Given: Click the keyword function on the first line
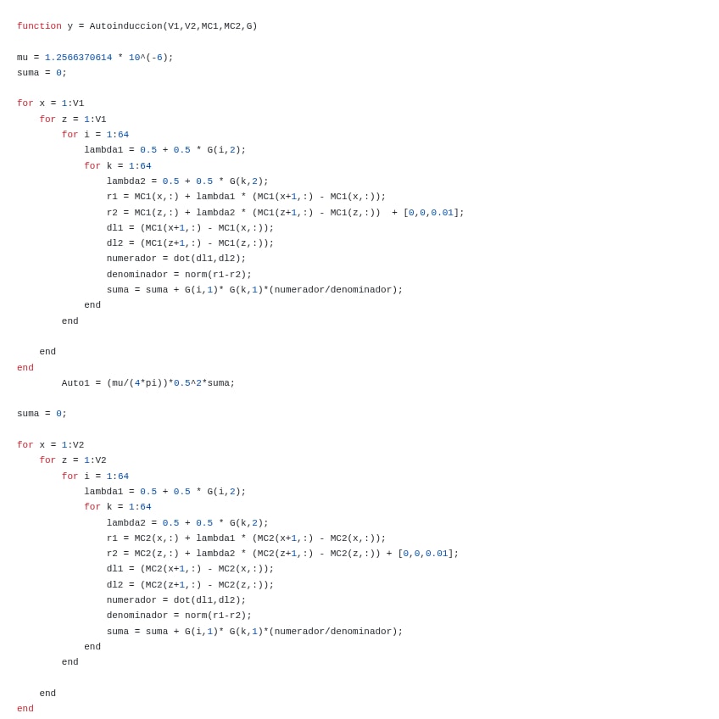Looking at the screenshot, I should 39,26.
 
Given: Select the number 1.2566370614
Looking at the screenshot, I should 78,58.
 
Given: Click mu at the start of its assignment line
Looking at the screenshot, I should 22,58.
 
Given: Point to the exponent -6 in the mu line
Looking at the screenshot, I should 157,58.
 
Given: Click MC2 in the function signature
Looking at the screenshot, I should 232,26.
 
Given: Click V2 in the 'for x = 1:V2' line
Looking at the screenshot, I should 78,445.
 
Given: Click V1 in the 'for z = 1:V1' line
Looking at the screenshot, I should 101,120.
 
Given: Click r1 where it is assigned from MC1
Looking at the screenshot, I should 112,197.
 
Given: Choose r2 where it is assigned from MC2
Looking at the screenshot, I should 112,554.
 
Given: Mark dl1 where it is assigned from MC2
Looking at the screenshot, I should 114,569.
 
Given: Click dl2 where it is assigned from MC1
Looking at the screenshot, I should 114,243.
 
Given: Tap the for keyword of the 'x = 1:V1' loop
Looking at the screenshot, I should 25,103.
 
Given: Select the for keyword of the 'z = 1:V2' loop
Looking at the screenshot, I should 47,460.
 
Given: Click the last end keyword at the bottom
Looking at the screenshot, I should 25,709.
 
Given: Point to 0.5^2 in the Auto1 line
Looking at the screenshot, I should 187,383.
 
